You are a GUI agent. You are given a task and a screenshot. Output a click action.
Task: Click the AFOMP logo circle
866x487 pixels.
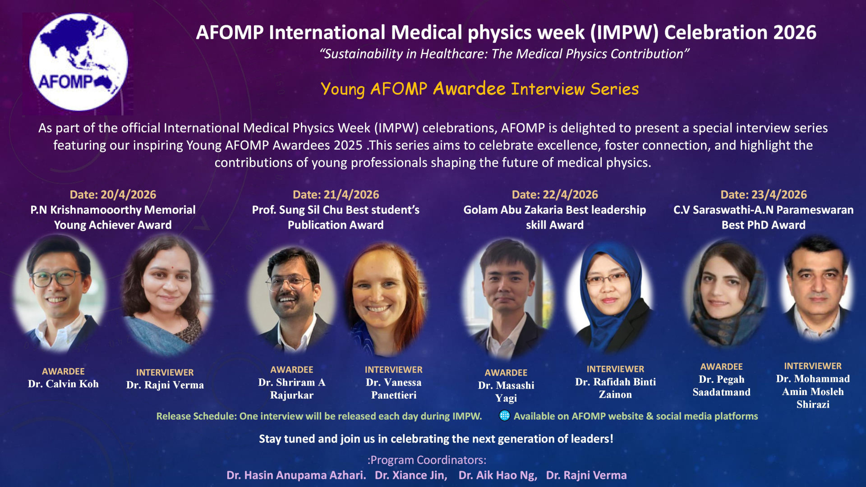pyautogui.click(x=78, y=62)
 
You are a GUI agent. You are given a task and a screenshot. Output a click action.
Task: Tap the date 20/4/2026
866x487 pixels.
pyautogui.click(x=128, y=195)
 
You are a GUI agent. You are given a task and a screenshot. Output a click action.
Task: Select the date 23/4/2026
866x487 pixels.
pyautogui.click(x=779, y=195)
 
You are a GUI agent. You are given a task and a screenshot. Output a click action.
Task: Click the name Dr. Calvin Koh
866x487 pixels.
pyautogui.click(x=63, y=384)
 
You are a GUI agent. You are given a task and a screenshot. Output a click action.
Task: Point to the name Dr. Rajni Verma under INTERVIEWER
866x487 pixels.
pyautogui.click(x=165, y=385)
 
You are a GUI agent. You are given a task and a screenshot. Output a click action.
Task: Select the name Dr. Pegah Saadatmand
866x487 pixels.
pyautogui.click(x=722, y=386)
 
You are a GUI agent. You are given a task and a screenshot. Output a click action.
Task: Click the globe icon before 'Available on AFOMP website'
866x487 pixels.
pyautogui.click(x=505, y=415)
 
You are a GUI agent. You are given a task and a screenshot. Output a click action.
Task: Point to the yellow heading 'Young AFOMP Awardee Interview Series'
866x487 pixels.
pyautogui.click(x=479, y=89)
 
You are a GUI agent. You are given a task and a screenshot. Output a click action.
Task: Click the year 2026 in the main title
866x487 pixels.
pyautogui.click(x=794, y=32)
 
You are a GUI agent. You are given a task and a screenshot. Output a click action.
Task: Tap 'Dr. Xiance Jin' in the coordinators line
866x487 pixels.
pyautogui.click(x=411, y=475)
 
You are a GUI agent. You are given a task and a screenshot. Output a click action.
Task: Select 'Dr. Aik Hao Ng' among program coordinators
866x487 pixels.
pyautogui.click(x=497, y=475)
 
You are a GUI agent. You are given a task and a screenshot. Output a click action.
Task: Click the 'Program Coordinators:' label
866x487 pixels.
pyautogui.click(x=427, y=460)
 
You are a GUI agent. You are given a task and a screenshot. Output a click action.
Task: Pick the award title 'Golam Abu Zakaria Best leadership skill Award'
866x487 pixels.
pyautogui.click(x=555, y=217)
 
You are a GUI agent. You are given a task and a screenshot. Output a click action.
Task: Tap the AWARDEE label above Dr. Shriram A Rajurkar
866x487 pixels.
pyautogui.click(x=292, y=370)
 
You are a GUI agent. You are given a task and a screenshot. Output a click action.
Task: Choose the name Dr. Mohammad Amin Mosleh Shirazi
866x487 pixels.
pyautogui.click(x=813, y=391)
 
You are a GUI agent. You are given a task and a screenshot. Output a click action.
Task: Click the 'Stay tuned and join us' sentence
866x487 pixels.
pyautogui.click(x=436, y=439)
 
